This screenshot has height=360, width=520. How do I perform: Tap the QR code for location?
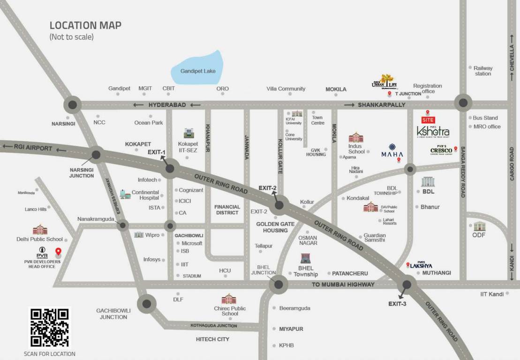pyautogui.click(x=49, y=328)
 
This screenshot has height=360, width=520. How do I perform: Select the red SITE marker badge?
pyautogui.click(x=428, y=120)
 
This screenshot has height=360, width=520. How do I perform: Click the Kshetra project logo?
pyautogui.click(x=433, y=132)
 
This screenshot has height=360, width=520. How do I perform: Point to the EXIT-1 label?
pyautogui.click(x=157, y=152)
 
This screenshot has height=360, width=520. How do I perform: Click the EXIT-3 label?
pyautogui.click(x=397, y=304)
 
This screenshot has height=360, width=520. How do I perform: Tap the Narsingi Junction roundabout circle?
pyautogui.click(x=97, y=154)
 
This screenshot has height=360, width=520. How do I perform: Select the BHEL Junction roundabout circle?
pyautogui.click(x=279, y=284)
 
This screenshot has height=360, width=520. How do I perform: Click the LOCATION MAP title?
pyautogui.click(x=85, y=25)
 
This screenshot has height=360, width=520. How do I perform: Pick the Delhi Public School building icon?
pyautogui.click(x=40, y=230)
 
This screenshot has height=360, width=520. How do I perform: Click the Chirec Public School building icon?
pyautogui.click(x=229, y=299)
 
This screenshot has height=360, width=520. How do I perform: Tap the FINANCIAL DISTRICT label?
pyautogui.click(x=227, y=210)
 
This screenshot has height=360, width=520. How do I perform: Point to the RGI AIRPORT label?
pyautogui.click(x=33, y=148)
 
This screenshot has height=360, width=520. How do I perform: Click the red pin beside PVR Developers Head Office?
pyautogui.click(x=59, y=252)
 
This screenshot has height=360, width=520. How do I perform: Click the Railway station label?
pyautogui.click(x=483, y=71)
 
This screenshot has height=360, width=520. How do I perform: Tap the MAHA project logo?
pyautogui.click(x=392, y=150)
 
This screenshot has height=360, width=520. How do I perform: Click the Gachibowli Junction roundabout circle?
pyautogui.click(x=147, y=304)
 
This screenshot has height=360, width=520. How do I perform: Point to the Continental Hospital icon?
pyautogui.click(x=125, y=194)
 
